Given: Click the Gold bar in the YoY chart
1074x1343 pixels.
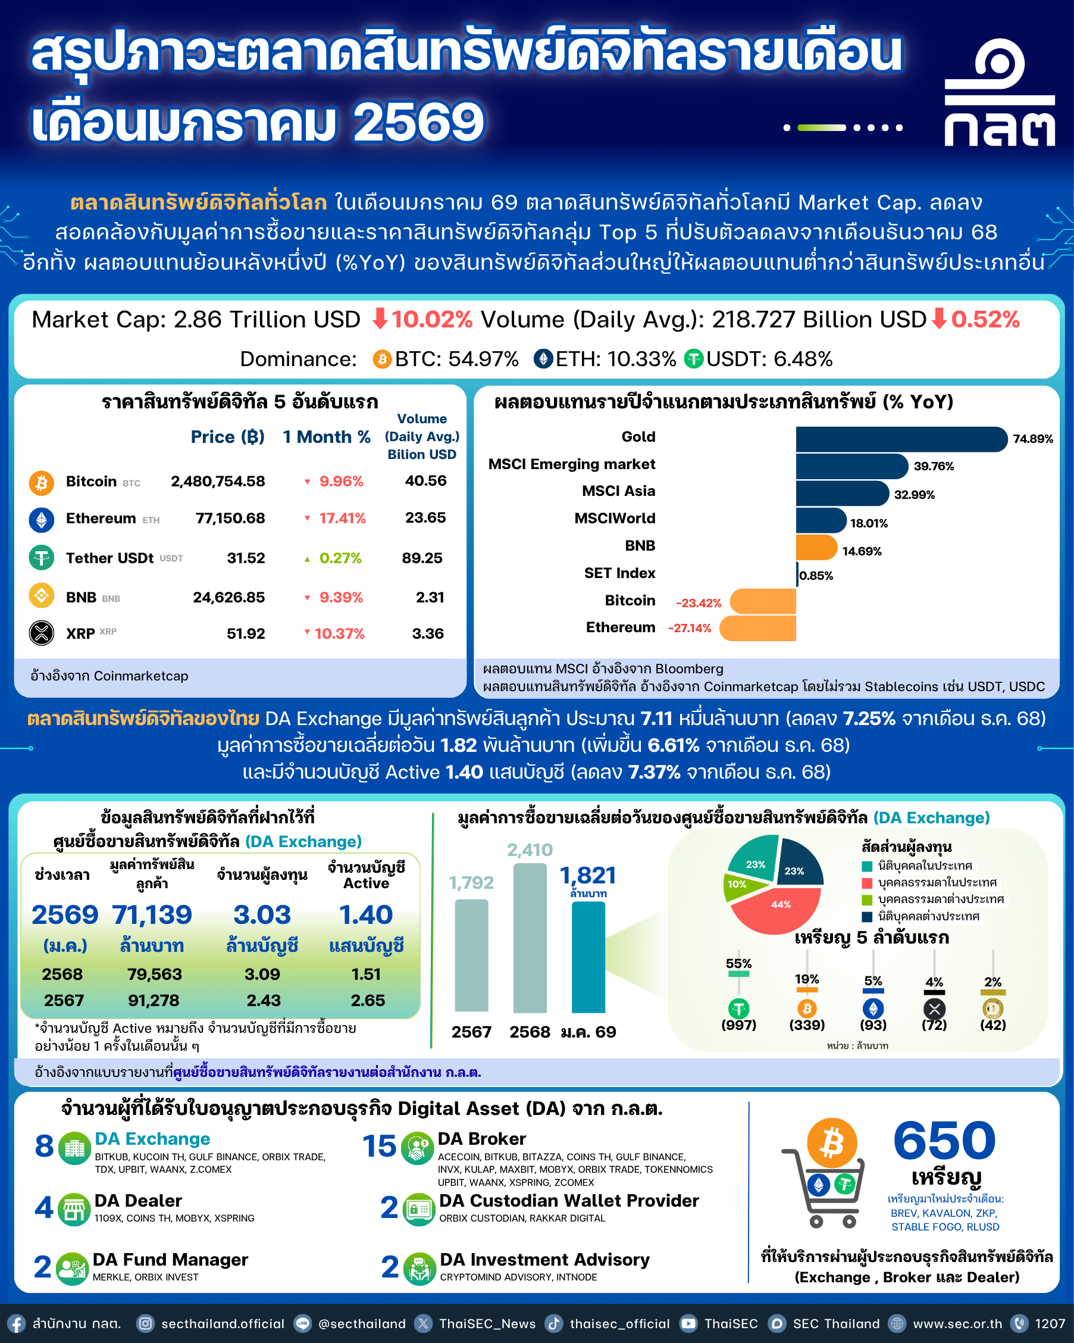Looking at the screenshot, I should pyautogui.click(x=900, y=439).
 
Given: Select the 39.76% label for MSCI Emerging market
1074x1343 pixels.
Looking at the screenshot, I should pyautogui.click(x=934, y=467).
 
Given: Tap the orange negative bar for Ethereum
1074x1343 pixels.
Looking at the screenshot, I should pyautogui.click(x=757, y=628).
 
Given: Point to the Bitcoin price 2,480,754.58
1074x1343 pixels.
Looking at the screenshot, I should pyautogui.click(x=218, y=482).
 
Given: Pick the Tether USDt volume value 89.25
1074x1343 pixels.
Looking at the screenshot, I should pyautogui.click(x=422, y=558).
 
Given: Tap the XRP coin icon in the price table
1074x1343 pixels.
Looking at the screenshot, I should pyautogui.click(x=42, y=633).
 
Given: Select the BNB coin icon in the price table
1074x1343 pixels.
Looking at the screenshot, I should pyautogui.click(x=42, y=596).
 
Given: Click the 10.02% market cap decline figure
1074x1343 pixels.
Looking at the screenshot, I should pyautogui.click(x=431, y=320).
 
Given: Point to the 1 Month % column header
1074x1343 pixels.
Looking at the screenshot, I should pyautogui.click(x=326, y=438).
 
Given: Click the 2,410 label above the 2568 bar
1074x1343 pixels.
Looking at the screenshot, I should pyautogui.click(x=530, y=850).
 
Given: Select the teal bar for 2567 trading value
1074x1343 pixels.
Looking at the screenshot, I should pyautogui.click(x=471, y=955).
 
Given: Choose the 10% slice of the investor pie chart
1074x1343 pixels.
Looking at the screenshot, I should pyautogui.click(x=738, y=885).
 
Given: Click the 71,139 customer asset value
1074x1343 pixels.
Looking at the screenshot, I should pyautogui.click(x=152, y=915).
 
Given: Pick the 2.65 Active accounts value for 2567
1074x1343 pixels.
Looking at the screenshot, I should pyautogui.click(x=367, y=1000).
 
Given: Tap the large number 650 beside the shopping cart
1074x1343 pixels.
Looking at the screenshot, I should pyautogui.click(x=944, y=1140).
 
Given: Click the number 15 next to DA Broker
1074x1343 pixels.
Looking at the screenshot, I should pyautogui.click(x=379, y=1146).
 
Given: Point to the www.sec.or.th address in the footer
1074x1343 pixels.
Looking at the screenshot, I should pyautogui.click(x=957, y=1324).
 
